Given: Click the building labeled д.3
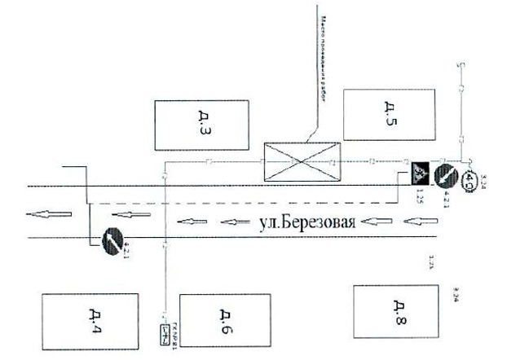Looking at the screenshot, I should click(200, 124).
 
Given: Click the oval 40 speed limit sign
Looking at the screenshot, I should click(470, 182).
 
